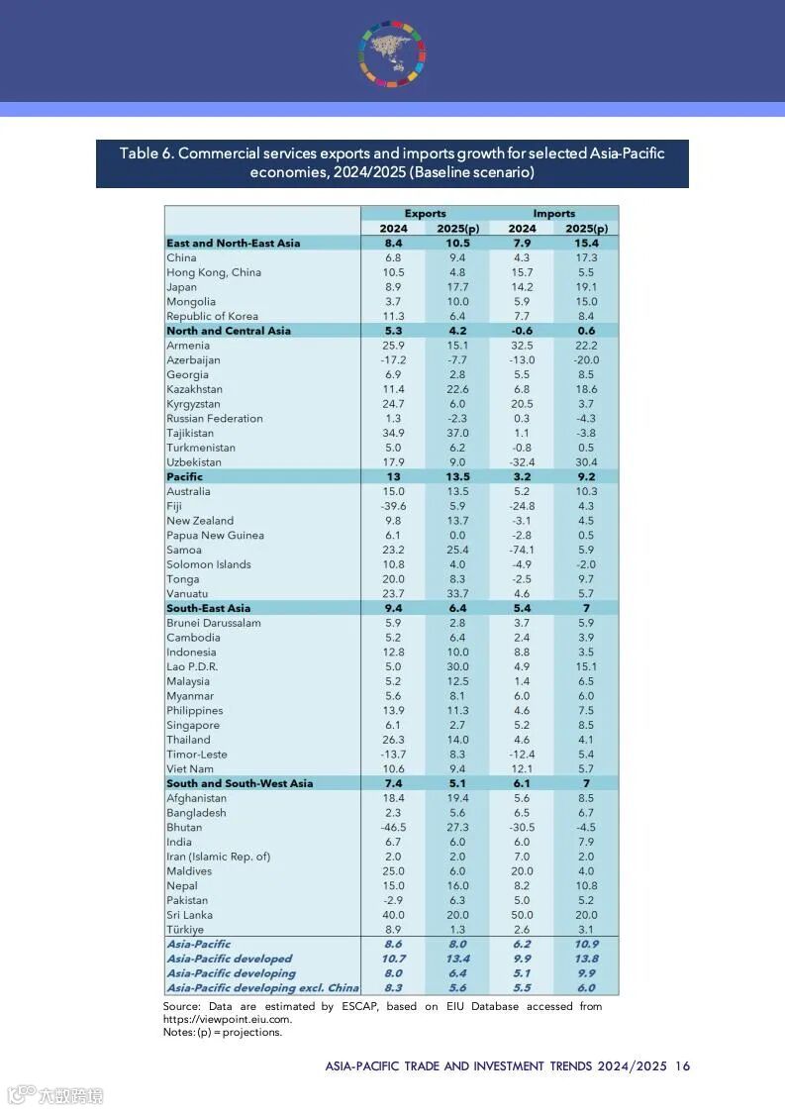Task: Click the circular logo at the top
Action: pos(392,51)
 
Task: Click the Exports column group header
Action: pos(425,213)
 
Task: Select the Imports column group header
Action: pos(553,213)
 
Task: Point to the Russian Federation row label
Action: pos(215,419)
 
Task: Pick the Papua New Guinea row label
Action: pos(215,536)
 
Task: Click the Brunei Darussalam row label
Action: pos(215,624)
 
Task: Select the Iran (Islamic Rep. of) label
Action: pos(218,857)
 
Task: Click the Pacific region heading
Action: pos(185,477)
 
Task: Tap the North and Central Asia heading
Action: pos(229,331)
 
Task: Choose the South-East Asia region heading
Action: pos(208,609)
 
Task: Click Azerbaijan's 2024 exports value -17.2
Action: pos(394,360)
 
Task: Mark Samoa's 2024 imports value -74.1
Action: pos(522,551)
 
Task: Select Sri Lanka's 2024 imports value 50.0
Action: pos(522,915)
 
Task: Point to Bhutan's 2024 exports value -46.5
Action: pos(394,828)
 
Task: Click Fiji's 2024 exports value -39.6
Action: pos(394,506)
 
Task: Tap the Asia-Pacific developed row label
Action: pos(230,959)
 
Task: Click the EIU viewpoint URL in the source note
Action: pos(228,1019)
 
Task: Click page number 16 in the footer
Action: pos(682,1066)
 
